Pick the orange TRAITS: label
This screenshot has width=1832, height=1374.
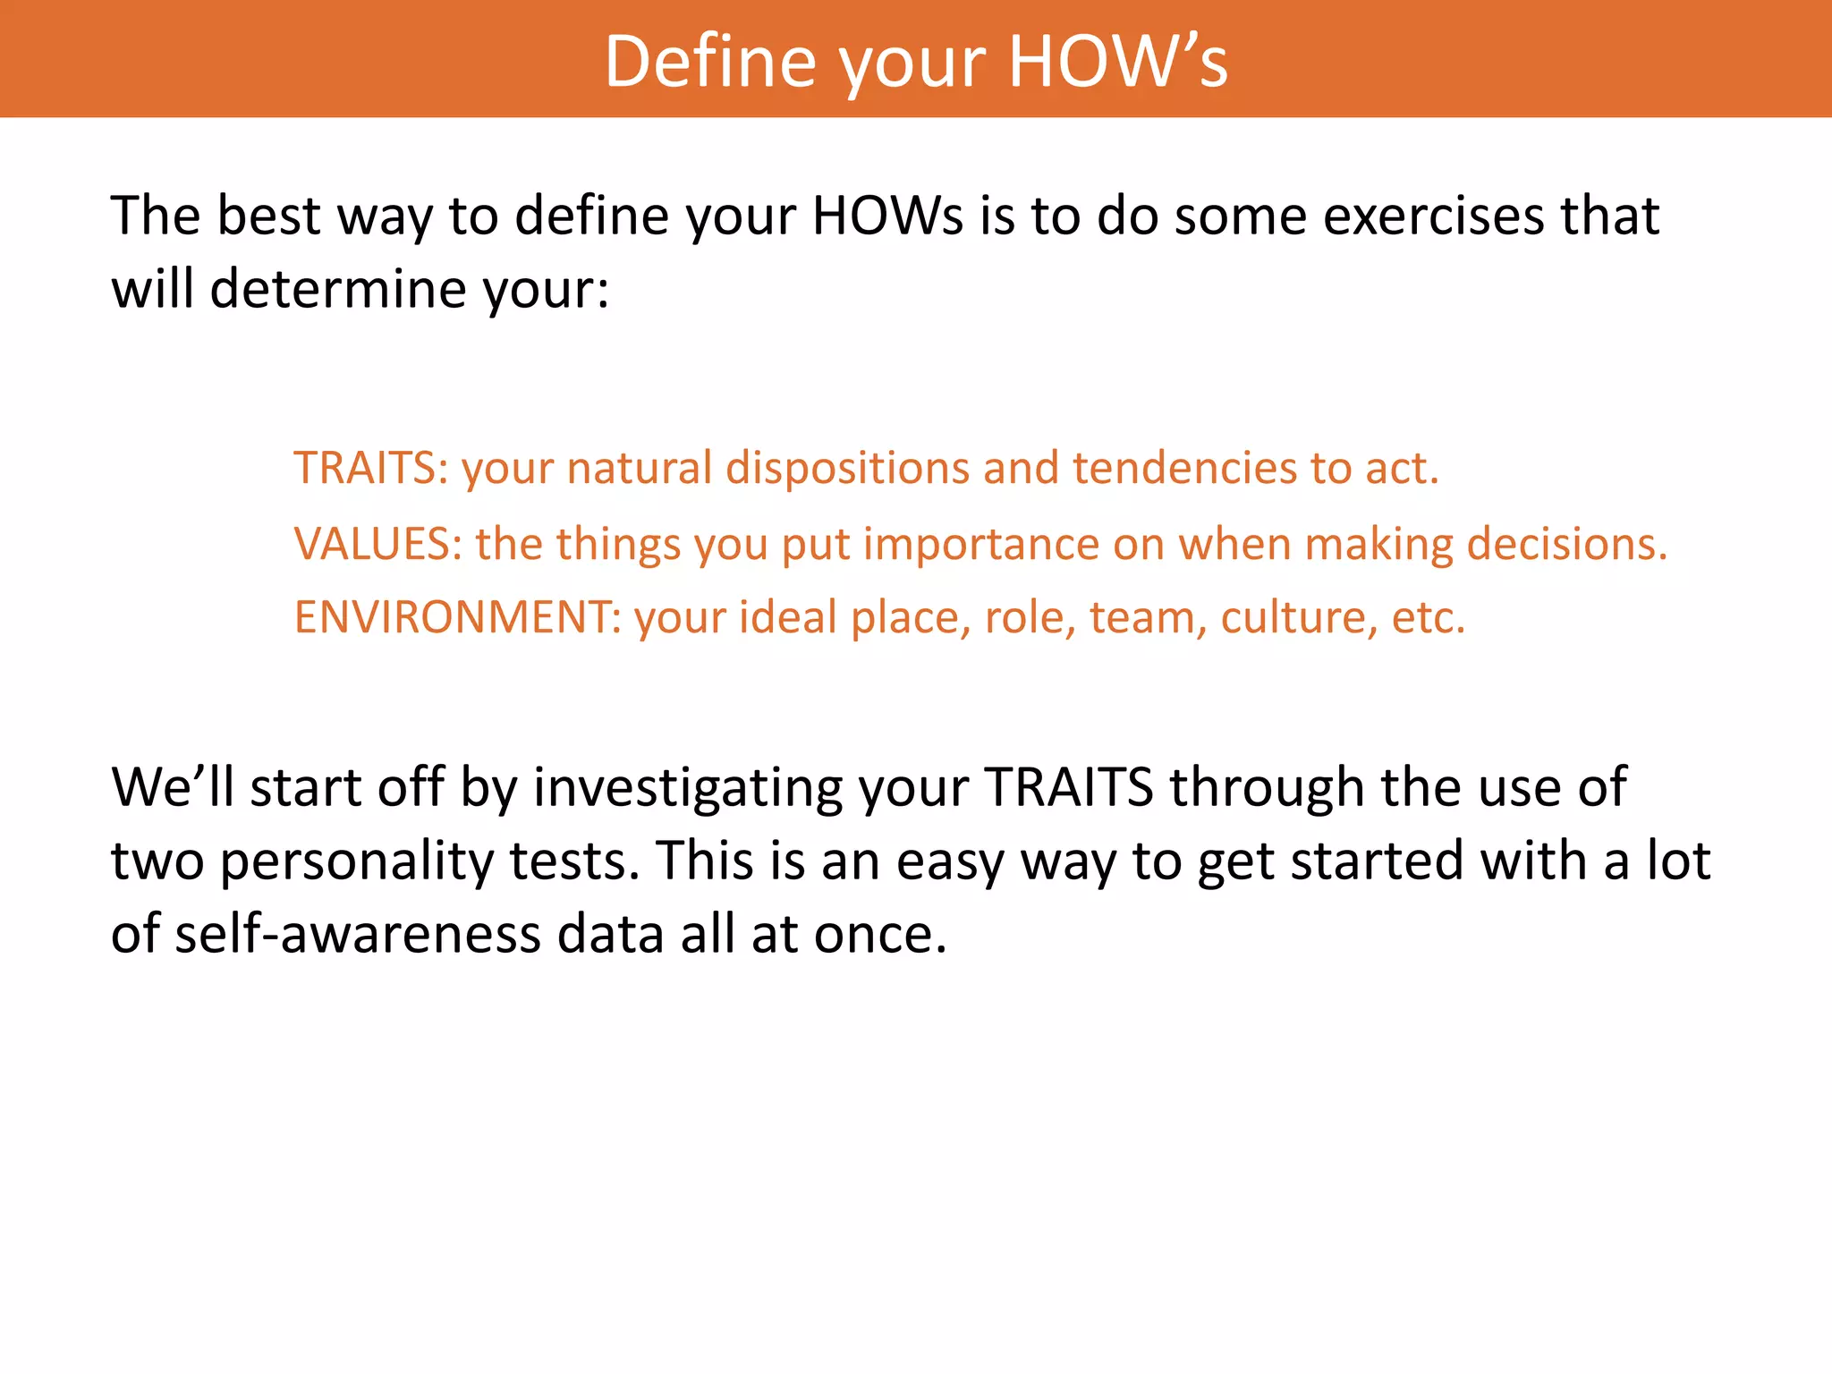[x=370, y=468]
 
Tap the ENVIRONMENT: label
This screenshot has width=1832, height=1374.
[x=457, y=617]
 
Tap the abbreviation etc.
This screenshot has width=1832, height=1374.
[x=1429, y=617]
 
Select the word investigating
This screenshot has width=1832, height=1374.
[x=688, y=788]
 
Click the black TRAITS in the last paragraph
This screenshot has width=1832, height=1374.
[x=1068, y=788]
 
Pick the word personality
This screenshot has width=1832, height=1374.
[x=356, y=861]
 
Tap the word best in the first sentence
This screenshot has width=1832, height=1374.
[x=268, y=216]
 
